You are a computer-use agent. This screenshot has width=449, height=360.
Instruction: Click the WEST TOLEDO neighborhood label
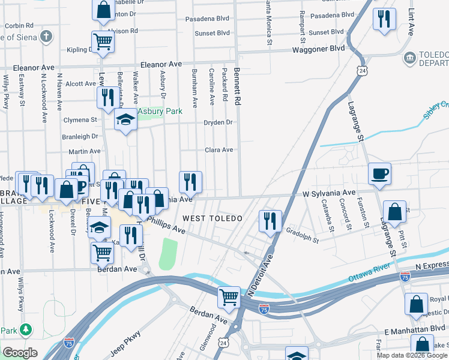point(212,218)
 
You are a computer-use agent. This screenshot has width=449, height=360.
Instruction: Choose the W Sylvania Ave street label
point(329,194)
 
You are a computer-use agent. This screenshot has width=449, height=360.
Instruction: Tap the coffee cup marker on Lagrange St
point(379,174)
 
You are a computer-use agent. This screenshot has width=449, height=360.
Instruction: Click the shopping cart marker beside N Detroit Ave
point(229,295)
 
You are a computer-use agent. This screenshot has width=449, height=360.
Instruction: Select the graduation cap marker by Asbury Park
point(125,119)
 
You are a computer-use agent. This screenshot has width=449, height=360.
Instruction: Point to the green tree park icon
point(25,329)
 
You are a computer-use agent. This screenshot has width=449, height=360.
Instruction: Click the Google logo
point(20,353)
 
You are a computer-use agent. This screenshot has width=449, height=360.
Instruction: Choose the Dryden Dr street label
point(218,122)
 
